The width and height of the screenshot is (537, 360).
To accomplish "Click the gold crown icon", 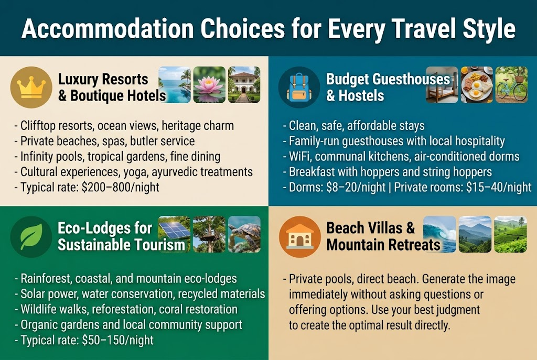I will click(x=33, y=87).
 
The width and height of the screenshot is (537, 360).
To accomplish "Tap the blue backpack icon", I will click(x=299, y=87).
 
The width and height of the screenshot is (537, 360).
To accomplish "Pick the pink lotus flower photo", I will click(x=209, y=84).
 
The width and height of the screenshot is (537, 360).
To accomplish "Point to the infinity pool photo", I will click(x=175, y=84).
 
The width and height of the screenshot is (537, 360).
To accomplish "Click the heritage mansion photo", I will click(x=244, y=84).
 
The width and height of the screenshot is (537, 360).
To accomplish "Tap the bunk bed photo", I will click(x=442, y=84).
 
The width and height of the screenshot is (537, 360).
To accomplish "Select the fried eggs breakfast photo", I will click(x=477, y=84).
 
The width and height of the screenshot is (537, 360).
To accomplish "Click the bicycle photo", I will click(x=511, y=84).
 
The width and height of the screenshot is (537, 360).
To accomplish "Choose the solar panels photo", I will click(x=175, y=234).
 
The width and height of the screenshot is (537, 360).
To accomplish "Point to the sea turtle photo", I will click(x=244, y=234).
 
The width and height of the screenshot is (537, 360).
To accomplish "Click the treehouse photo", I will click(x=209, y=234).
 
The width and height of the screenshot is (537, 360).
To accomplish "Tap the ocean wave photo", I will click(x=439, y=234).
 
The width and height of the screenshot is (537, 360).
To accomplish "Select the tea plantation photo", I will click(x=510, y=234).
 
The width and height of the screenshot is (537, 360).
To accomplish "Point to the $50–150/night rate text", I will click(x=117, y=340).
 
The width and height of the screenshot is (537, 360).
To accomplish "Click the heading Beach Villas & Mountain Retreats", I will click(x=383, y=236).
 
